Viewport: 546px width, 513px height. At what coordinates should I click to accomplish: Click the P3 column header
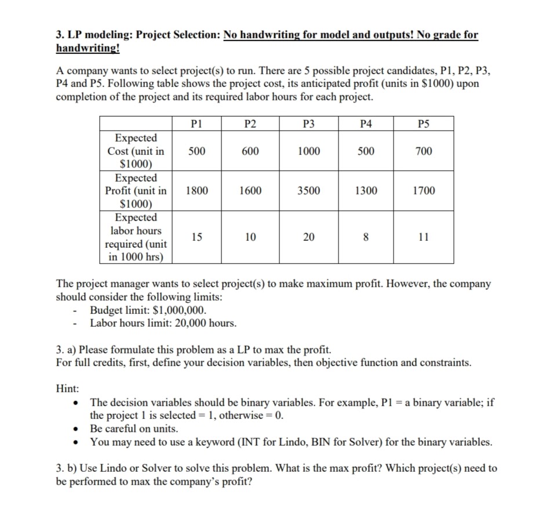308,123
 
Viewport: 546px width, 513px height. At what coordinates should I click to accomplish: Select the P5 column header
424,123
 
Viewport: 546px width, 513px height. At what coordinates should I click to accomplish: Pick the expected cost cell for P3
308,151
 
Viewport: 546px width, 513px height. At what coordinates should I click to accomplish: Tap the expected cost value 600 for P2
250,151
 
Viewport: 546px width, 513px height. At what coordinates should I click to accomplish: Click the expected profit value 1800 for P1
197,190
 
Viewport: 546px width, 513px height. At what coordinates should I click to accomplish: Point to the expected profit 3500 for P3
308,190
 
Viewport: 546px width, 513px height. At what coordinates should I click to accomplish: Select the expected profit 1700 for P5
424,190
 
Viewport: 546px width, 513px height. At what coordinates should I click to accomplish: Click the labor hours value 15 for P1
197,237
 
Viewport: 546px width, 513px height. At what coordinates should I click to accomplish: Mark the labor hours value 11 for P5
424,237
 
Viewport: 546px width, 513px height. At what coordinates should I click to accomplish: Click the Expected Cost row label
136,151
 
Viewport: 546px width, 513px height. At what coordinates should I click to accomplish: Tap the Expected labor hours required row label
136,237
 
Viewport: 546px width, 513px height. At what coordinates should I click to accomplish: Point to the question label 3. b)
67,468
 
